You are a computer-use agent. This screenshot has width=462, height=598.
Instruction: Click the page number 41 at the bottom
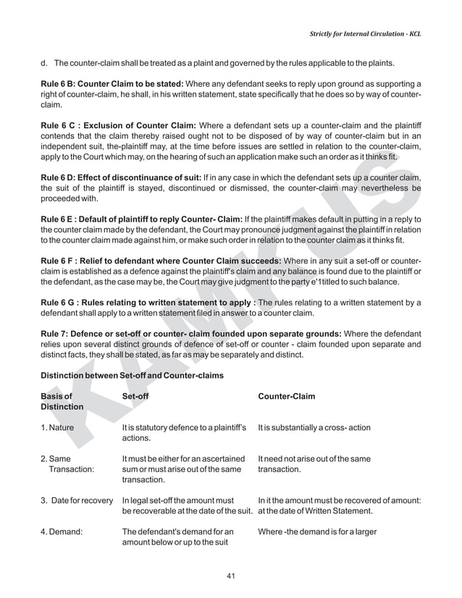coord(231,576)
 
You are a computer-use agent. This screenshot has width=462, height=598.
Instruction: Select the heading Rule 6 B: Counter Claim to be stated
coord(112,85)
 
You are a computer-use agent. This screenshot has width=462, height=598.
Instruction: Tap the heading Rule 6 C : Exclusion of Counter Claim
coord(119,125)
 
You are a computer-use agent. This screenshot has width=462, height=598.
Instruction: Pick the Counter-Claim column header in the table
coord(286,397)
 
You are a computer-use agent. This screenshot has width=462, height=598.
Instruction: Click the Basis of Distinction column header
coord(62,402)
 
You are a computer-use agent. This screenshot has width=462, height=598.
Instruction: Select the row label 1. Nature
coord(57,428)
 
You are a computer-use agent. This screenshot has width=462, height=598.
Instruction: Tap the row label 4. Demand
coord(61,532)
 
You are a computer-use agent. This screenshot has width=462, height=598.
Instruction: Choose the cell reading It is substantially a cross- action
coord(314,428)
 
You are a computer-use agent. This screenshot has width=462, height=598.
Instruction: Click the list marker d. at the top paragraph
coord(44,63)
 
